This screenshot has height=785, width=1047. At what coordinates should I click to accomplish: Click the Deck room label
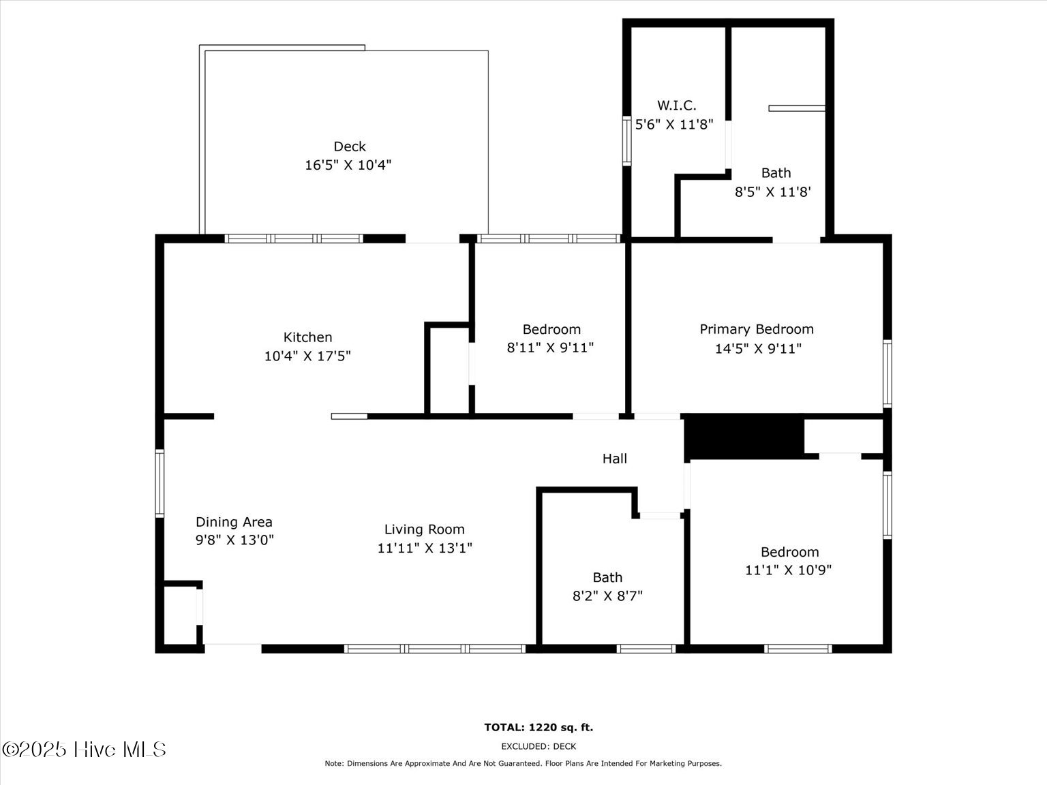[349, 147]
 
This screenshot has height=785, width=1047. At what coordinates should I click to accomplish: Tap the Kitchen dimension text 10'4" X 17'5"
[307, 356]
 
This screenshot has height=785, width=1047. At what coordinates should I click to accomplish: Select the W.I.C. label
[676, 106]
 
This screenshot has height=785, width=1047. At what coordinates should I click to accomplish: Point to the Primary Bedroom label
[757, 329]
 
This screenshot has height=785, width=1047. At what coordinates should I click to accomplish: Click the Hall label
[614, 459]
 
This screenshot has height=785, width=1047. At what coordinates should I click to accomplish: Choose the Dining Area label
[234, 522]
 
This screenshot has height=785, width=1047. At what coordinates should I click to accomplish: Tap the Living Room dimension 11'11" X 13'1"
[425, 548]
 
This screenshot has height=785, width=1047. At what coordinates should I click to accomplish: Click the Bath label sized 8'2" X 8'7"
[607, 577]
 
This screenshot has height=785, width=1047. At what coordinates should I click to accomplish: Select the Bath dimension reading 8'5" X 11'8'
[772, 192]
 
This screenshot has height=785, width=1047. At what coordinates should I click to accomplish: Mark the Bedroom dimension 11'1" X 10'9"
[788, 570]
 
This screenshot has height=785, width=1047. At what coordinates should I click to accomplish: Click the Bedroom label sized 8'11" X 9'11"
[551, 330]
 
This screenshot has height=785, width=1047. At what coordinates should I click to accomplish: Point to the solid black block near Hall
[744, 436]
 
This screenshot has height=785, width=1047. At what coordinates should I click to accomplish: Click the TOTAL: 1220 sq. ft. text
[538, 727]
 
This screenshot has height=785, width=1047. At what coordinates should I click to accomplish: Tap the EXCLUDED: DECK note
[538, 746]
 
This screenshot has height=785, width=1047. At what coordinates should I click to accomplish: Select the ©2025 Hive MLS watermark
[84, 750]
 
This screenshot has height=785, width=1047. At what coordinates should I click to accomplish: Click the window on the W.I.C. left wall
[626, 141]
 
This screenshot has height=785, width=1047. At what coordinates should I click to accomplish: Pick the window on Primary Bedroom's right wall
[887, 373]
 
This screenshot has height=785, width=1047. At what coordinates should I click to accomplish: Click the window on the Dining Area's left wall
[160, 483]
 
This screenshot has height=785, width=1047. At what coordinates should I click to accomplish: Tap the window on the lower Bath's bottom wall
[646, 649]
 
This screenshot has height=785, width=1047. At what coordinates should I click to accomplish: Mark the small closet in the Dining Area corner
[181, 615]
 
